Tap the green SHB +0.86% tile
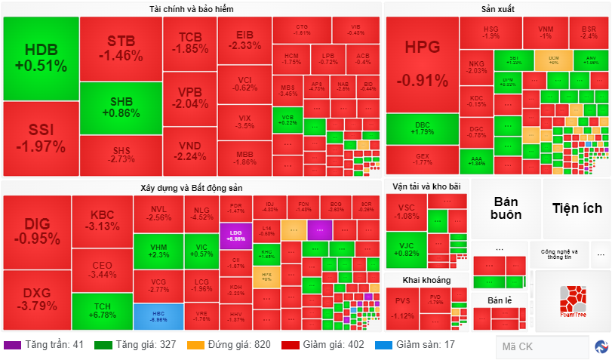(x=121, y=108)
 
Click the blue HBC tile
(x=158, y=316)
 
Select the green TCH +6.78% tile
(x=102, y=310)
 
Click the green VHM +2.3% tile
(x=158, y=251)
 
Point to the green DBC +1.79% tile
(x=422, y=128)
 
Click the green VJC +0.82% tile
(x=405, y=249)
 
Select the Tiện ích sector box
(x=577, y=208)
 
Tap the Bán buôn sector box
(x=506, y=208)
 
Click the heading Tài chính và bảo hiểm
(x=191, y=9)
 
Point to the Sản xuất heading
(x=498, y=9)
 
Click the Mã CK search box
(x=541, y=347)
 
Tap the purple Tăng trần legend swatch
(x=12, y=345)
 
